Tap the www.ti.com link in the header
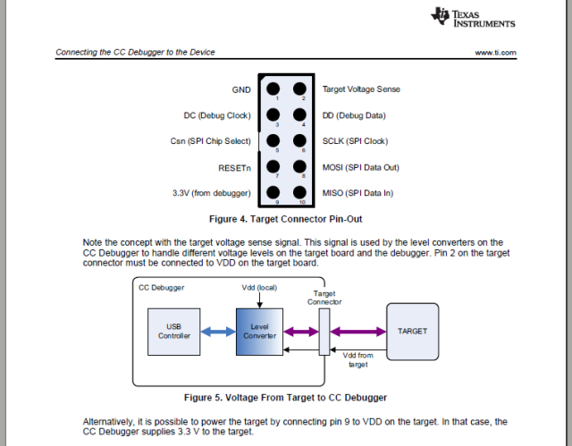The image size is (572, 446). [x=496, y=53]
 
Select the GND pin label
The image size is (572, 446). [x=241, y=89]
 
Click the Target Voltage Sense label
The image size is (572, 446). [x=361, y=89]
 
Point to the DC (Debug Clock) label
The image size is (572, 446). [x=217, y=115]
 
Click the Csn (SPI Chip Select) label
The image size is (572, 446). [x=210, y=141]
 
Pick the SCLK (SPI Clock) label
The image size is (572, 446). [x=356, y=141]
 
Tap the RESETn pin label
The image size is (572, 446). [x=234, y=167]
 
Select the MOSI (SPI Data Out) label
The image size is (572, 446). [x=360, y=167]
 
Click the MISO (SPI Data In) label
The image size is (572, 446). [x=357, y=193]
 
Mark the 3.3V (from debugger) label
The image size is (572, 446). [x=211, y=193]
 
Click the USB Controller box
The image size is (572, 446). [x=173, y=332]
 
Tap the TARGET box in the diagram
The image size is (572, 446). [x=412, y=332]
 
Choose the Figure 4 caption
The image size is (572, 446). [x=285, y=219]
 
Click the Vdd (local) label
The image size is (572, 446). [x=259, y=288]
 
